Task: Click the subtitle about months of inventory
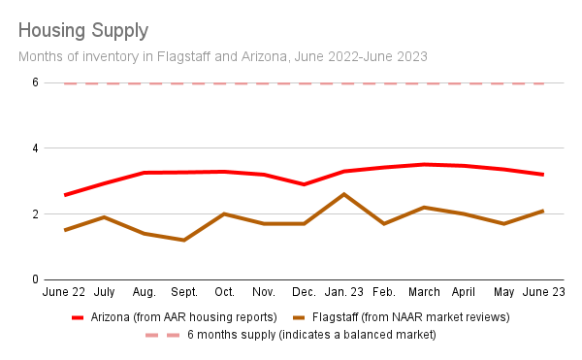point(223,56)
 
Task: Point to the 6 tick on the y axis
point(34,83)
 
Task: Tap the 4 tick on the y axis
point(34,148)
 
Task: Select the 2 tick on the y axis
point(34,214)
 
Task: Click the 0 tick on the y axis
point(34,279)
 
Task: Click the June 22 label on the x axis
point(64,291)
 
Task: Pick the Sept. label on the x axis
point(184,291)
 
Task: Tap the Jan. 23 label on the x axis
point(343,291)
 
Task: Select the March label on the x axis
point(423,291)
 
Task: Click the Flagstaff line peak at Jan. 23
point(343,194)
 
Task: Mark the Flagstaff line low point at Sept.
point(184,240)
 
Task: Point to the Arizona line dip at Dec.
point(304,184)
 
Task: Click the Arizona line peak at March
point(423,164)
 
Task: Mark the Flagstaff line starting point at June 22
point(65,230)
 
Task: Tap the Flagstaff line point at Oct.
point(224,213)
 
